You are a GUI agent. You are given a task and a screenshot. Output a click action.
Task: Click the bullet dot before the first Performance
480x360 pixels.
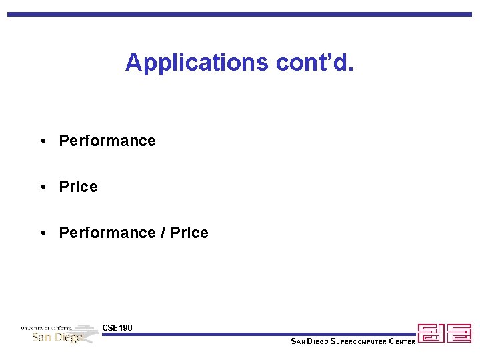(42, 141)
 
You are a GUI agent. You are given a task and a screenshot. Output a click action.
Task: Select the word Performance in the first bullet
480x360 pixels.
(107, 141)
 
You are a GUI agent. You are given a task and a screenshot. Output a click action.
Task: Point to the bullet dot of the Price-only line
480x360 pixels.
(42, 187)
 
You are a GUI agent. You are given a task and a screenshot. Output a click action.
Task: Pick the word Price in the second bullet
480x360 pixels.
(78, 187)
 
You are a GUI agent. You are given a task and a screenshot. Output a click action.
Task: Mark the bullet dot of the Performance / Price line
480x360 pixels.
(42, 233)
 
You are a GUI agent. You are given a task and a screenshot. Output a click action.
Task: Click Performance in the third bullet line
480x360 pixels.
(107, 233)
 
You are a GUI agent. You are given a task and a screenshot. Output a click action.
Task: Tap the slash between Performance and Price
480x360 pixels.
(163, 233)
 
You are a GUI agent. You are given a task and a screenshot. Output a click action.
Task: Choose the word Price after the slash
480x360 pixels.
(189, 233)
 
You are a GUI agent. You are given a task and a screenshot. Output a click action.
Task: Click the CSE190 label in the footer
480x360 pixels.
(117, 327)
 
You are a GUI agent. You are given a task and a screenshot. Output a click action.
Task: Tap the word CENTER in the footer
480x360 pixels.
(398, 342)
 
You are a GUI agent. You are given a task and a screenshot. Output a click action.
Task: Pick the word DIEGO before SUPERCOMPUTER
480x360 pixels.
(317, 342)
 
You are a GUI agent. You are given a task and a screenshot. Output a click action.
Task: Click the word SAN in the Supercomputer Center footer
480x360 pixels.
(297, 342)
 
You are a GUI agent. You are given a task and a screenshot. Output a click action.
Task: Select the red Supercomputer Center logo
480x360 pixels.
(444, 333)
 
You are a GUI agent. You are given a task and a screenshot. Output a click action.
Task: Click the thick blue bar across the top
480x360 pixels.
(240, 13)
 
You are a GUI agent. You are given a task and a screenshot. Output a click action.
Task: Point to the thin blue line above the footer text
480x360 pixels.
(260, 335)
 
